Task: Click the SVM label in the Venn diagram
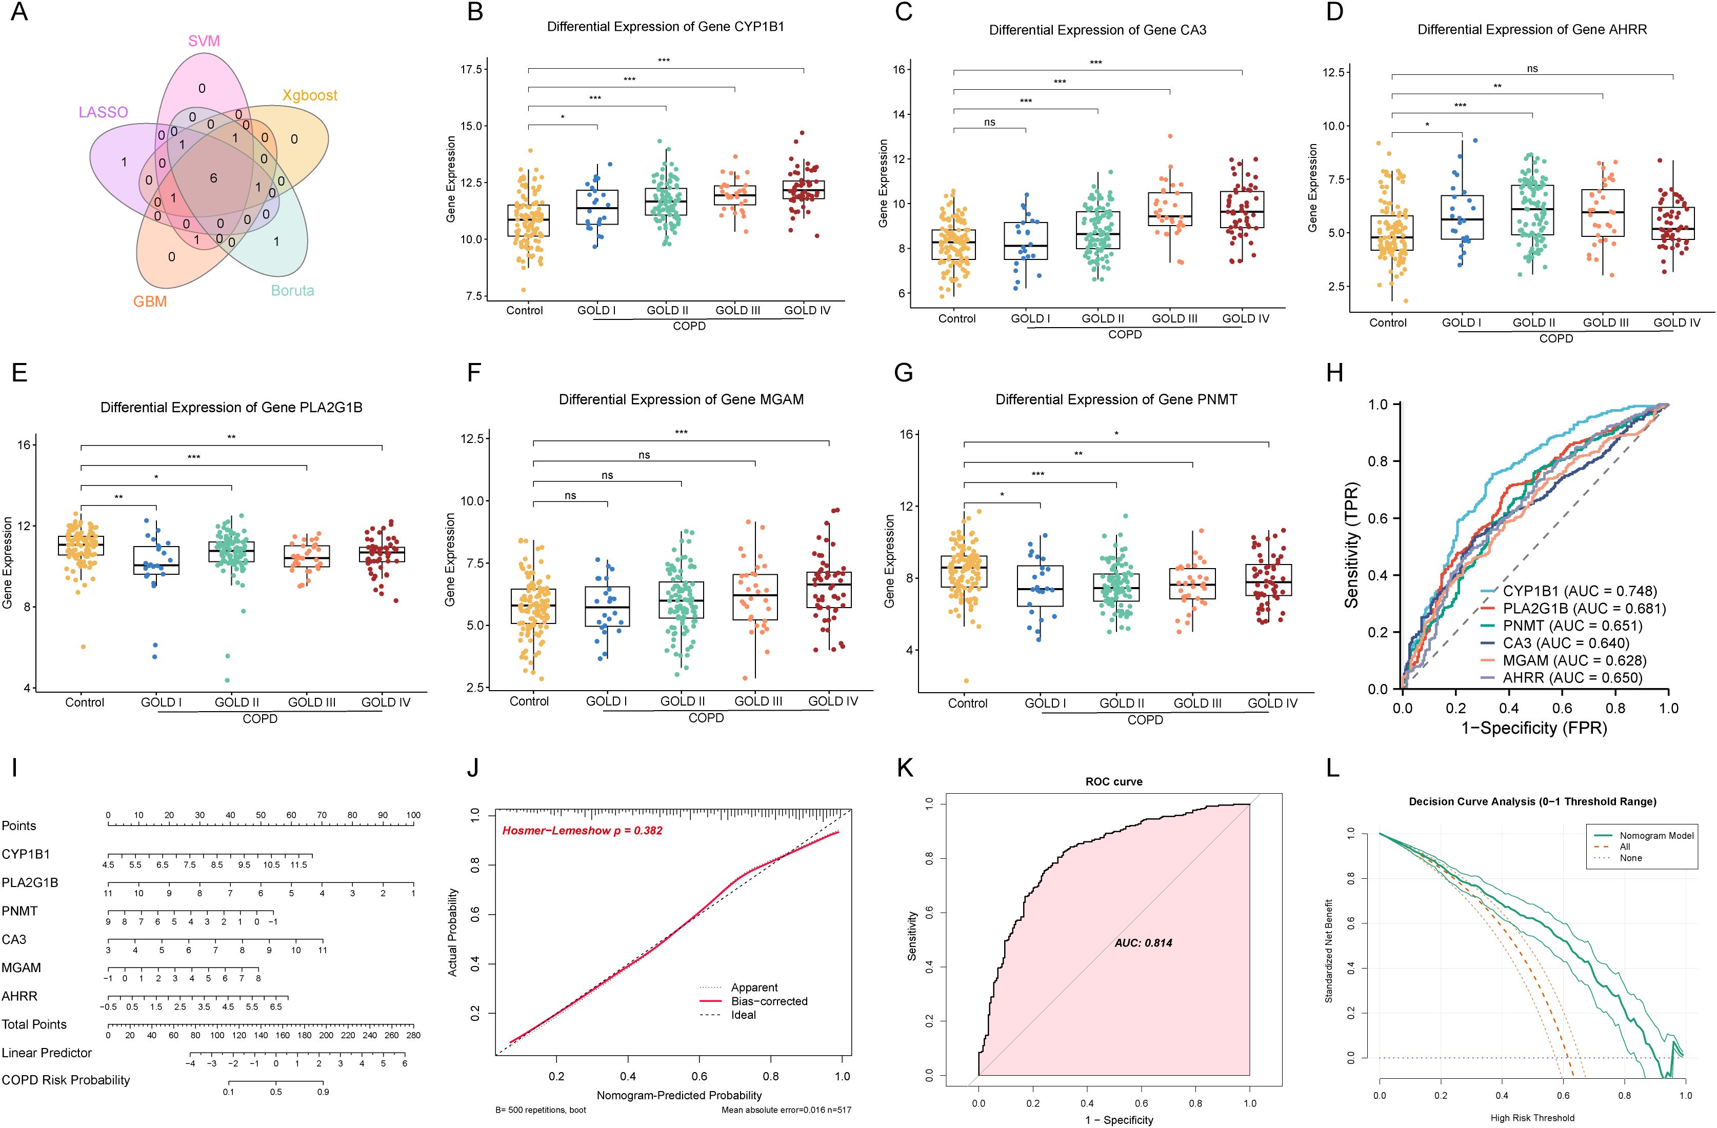204,41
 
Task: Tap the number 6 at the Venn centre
213,178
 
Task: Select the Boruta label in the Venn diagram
292,291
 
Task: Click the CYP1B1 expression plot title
665,27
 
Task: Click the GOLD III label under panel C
1174,318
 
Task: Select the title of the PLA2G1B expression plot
231,408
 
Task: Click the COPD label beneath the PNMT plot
1145,720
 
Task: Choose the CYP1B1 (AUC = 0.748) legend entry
1580,591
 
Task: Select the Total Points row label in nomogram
34,1024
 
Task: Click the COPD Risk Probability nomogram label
66,1080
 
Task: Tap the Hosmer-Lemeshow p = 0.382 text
582,830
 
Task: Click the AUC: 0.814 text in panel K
1144,942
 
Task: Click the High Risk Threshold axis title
1532,1118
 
